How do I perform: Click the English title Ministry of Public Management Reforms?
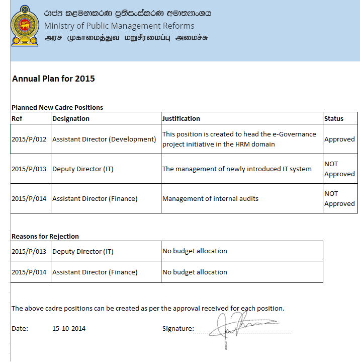119,26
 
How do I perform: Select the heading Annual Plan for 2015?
53,79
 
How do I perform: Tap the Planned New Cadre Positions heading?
57,107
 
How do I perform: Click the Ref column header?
17,119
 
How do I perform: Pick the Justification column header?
181,119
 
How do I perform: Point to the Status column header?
334,119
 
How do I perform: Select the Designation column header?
71,119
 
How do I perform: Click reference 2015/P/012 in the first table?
29,139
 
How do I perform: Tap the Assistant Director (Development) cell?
104,139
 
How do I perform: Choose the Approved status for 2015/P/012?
339,139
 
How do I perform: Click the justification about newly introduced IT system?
237,169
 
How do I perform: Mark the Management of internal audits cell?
210,198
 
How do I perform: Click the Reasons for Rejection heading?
45,236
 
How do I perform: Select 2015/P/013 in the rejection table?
29,251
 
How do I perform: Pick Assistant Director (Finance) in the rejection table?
95,272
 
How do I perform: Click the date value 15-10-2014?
69,329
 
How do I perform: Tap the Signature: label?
178,329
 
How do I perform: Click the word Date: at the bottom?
20,329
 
